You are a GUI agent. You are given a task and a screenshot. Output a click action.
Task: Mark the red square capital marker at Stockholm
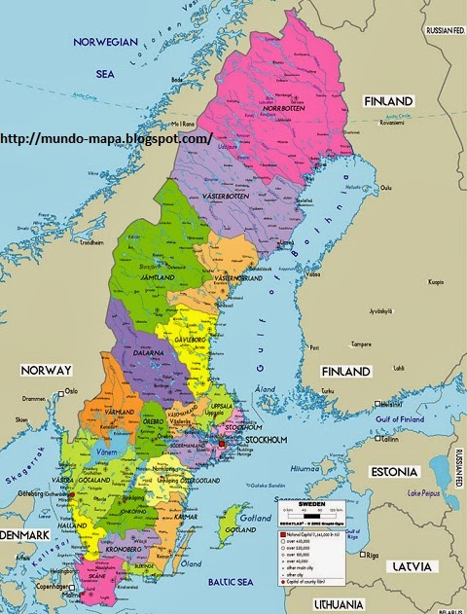coord(223,444)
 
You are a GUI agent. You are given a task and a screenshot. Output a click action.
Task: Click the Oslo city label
coord(70,391)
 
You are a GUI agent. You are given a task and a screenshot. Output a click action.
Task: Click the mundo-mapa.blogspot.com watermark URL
coord(107,139)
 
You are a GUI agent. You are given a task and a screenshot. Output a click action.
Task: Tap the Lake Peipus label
coord(425,494)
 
